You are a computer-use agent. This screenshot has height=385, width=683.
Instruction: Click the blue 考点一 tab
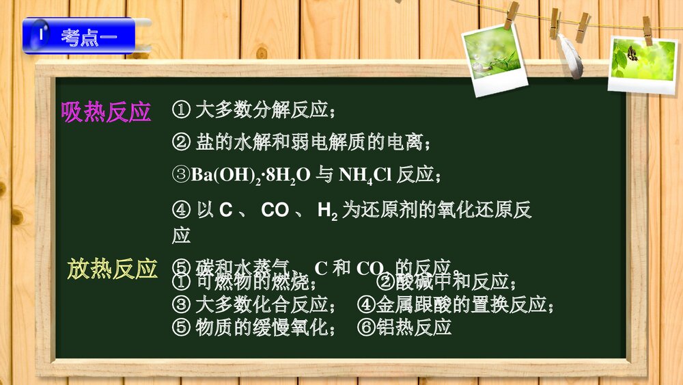coord(79,36)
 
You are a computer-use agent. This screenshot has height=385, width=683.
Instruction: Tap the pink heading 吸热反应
coord(106,112)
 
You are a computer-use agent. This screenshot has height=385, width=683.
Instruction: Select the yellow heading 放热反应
coord(113,269)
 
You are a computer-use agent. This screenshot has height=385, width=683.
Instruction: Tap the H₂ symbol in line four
coord(327,211)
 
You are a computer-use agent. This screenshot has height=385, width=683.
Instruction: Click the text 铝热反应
coord(414,327)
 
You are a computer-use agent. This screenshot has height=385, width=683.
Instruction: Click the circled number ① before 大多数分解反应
coord(181,109)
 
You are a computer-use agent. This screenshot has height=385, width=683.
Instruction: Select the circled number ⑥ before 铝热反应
coord(366,327)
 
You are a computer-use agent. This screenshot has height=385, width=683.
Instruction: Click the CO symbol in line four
coord(275,211)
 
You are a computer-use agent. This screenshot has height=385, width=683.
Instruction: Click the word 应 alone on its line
coord(181,236)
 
